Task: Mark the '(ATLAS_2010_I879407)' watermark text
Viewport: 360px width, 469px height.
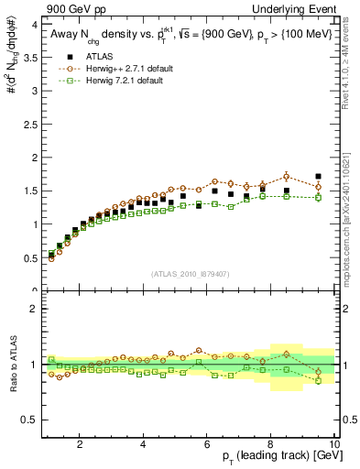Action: click(190, 272)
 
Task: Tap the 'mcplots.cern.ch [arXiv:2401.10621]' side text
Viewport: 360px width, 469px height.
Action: click(352, 211)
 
